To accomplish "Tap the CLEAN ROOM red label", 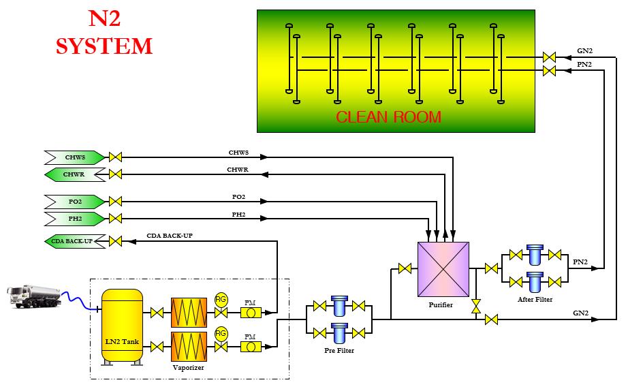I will pos(388,116).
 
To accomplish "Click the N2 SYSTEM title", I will pos(104,34).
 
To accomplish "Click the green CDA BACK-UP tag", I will pos(74,241).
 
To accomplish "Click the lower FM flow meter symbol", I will pos(250,347).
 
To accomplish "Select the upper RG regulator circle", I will pos(221,299).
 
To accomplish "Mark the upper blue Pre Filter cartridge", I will pos(339,304).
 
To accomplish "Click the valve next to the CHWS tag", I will pos(116,157).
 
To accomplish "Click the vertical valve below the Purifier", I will pos(476,306).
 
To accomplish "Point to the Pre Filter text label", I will pos(339,351).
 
